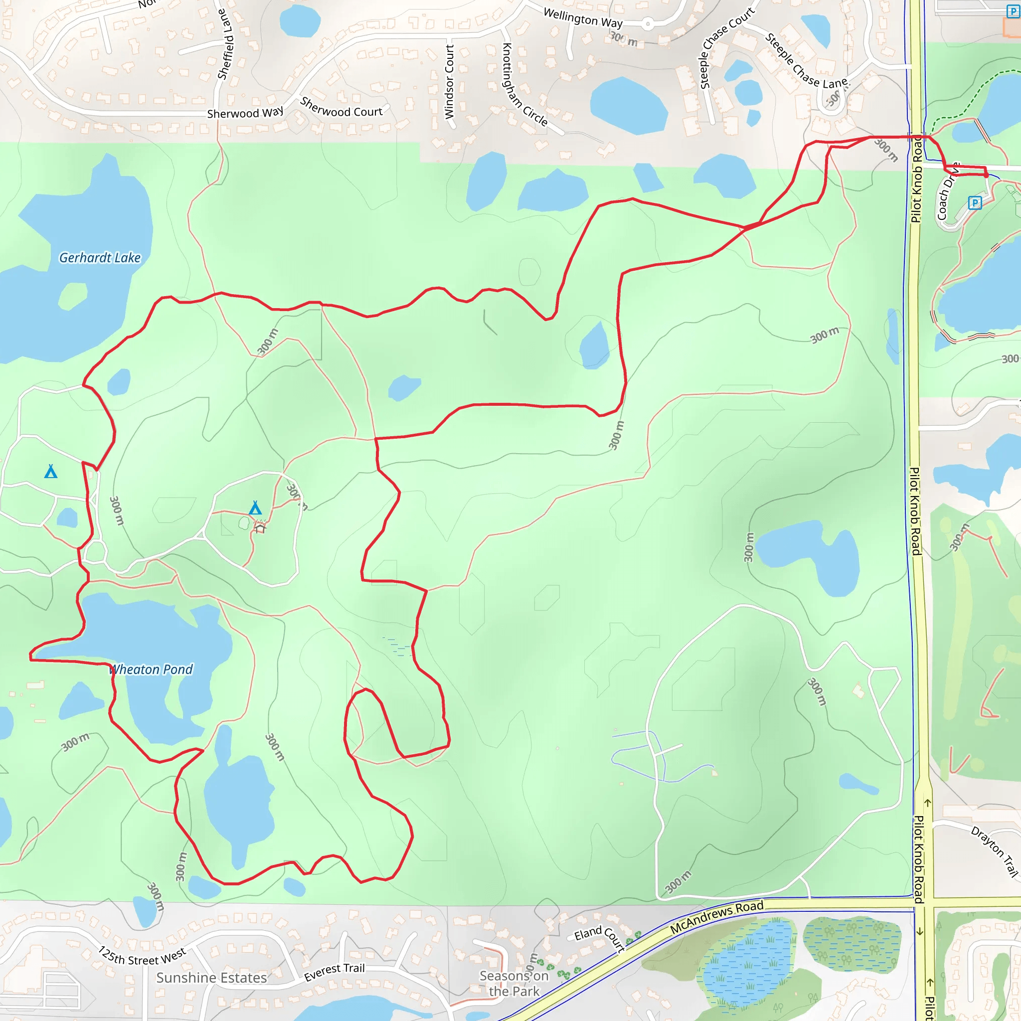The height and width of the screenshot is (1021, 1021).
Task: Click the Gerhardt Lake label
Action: [100, 258]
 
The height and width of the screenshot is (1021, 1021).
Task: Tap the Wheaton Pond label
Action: [151, 670]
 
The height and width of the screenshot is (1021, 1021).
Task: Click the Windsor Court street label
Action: [449, 81]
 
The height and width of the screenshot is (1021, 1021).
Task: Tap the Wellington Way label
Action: [583, 18]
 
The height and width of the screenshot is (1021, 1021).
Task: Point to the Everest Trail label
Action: [334, 971]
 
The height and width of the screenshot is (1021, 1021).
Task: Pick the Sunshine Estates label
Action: [211, 978]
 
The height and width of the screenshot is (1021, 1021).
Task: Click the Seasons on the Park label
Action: [513, 984]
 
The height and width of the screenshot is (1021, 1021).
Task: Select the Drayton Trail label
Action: [994, 851]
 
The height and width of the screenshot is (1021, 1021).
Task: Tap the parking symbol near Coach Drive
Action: [975, 202]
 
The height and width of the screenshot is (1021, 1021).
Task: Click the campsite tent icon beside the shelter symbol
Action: [255, 509]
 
